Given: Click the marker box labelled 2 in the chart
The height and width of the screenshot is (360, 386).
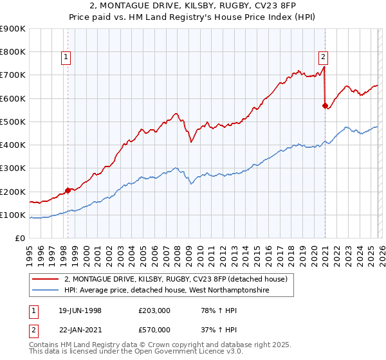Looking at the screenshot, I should (324, 56).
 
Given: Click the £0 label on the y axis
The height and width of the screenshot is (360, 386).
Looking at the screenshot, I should (21, 239).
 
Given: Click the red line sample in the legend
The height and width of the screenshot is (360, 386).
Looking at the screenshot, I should (46, 279).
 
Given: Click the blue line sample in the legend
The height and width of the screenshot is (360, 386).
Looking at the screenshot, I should (46, 291).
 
